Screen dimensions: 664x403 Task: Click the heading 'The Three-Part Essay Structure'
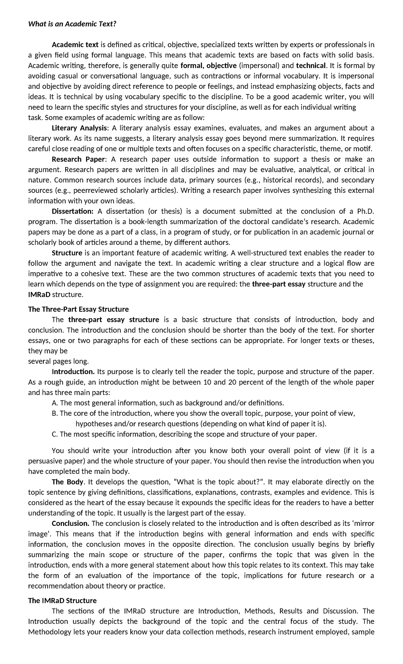click(78, 309)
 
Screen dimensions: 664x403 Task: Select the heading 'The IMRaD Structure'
click(62, 600)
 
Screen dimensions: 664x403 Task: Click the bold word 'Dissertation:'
click(73, 211)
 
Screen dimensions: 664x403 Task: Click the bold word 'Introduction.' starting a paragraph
click(73, 372)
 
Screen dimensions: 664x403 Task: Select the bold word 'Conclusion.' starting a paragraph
click(71, 523)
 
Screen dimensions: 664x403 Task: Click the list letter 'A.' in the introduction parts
click(55, 403)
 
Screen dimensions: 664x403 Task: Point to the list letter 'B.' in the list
click(55, 413)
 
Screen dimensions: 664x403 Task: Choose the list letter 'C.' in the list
click(55, 434)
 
